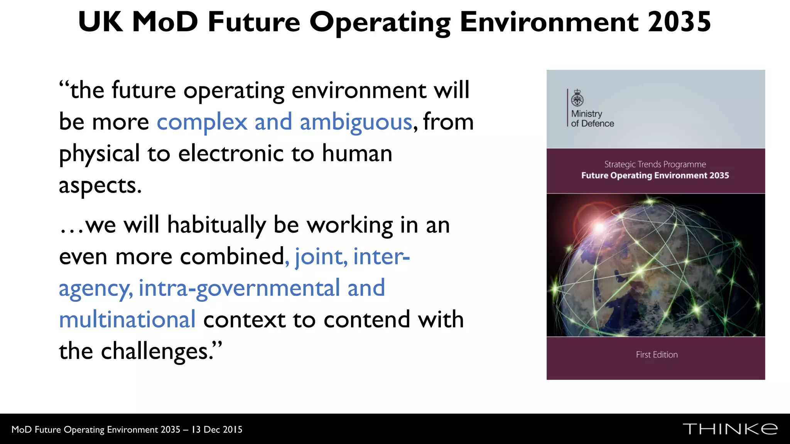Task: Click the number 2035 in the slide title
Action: [x=679, y=22]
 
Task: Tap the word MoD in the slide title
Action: [x=165, y=22]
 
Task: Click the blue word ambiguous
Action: [x=356, y=123]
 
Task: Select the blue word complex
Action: [x=202, y=123]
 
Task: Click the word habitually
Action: [x=216, y=225]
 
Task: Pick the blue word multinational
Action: [x=127, y=320]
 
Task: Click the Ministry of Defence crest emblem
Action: [x=577, y=98]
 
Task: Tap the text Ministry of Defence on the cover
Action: [x=592, y=119]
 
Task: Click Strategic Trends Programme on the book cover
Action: [x=655, y=165]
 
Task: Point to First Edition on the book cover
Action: [x=657, y=355]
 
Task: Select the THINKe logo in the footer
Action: [x=730, y=429]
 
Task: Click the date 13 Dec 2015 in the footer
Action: [x=217, y=430]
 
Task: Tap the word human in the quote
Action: [x=357, y=153]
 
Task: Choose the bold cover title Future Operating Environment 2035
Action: [x=655, y=176]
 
